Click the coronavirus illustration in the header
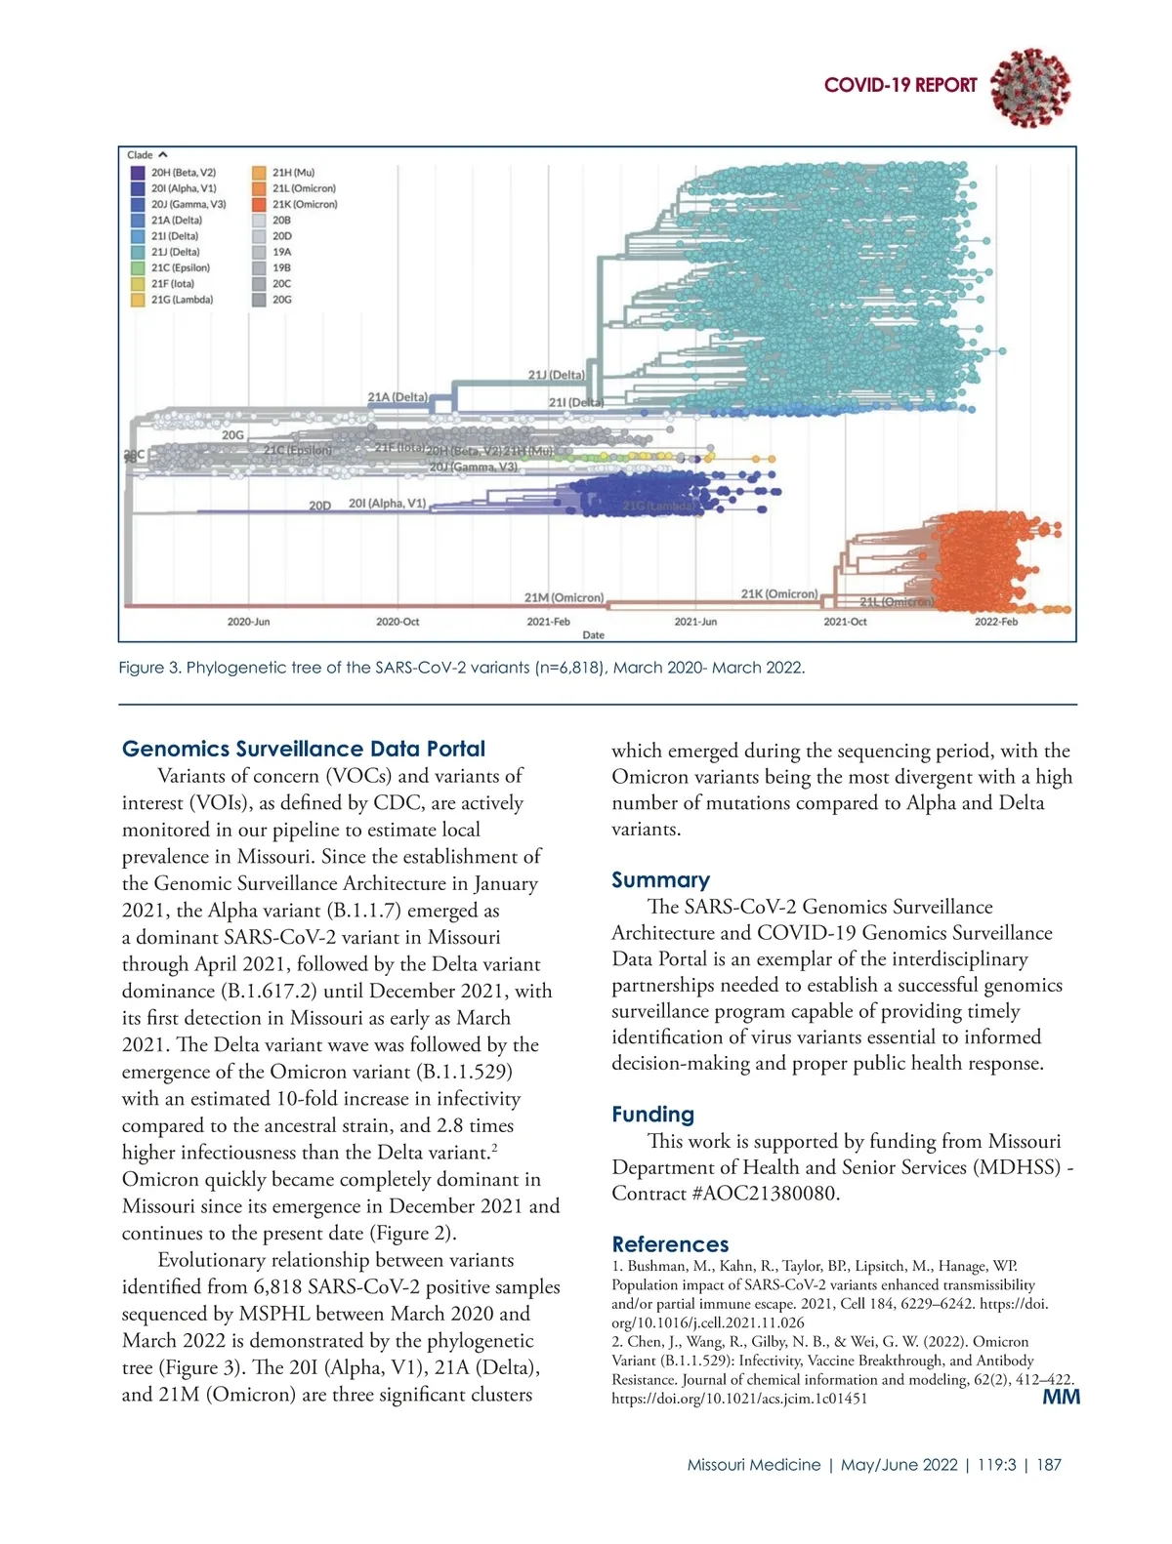pos(1029,87)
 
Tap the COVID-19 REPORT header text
pos(900,86)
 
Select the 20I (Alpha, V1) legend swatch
pos(138,188)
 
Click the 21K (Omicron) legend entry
pos(304,204)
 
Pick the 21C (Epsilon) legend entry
pos(180,267)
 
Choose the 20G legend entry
pos(281,300)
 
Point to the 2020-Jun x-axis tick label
pos(248,622)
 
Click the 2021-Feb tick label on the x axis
pos(548,622)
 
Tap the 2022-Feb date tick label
pos(995,622)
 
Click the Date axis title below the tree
pos(593,635)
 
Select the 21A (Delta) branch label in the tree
pos(398,397)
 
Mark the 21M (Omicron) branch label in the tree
pos(564,597)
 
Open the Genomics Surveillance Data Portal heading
pos(304,749)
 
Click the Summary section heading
pos(660,879)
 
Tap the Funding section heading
pos(652,1114)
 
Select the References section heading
pos(670,1244)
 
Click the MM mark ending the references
pos(1061,1397)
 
